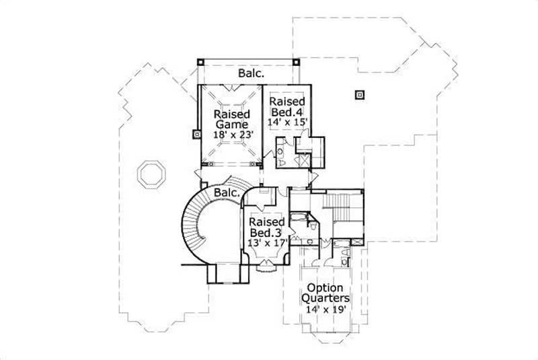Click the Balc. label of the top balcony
tap(250, 73)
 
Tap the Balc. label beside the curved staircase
tap(227, 193)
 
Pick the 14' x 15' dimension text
tap(289, 122)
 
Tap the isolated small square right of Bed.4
tap(359, 95)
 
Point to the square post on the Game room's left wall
tap(196, 133)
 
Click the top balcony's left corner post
tap(200, 62)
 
